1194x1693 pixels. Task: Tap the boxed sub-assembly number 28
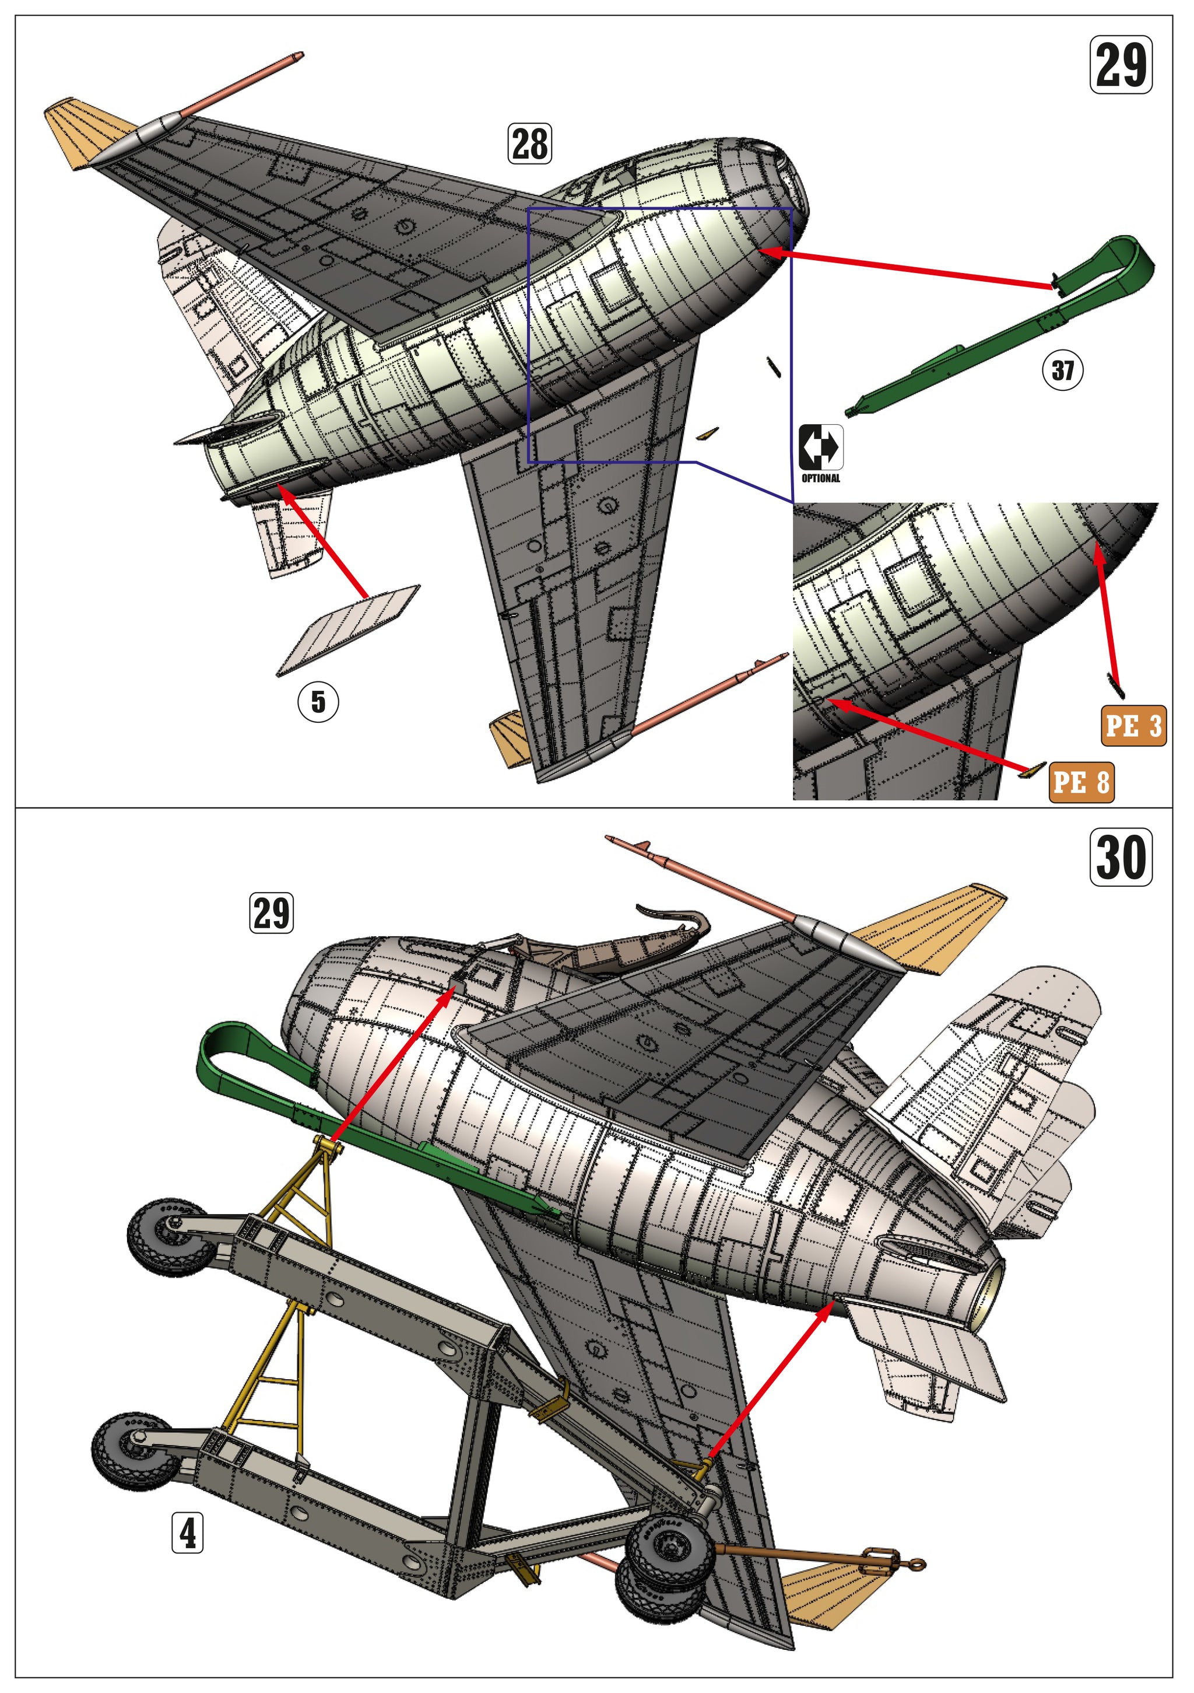pos(529,143)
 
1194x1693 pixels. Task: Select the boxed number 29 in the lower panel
pos(271,913)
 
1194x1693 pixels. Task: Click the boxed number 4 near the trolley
pos(187,1533)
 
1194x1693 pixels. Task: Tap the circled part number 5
pos(318,701)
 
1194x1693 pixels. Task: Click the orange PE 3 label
pos(1133,726)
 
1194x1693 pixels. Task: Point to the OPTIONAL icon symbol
pos(820,447)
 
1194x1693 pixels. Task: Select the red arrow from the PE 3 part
pos(1108,612)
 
